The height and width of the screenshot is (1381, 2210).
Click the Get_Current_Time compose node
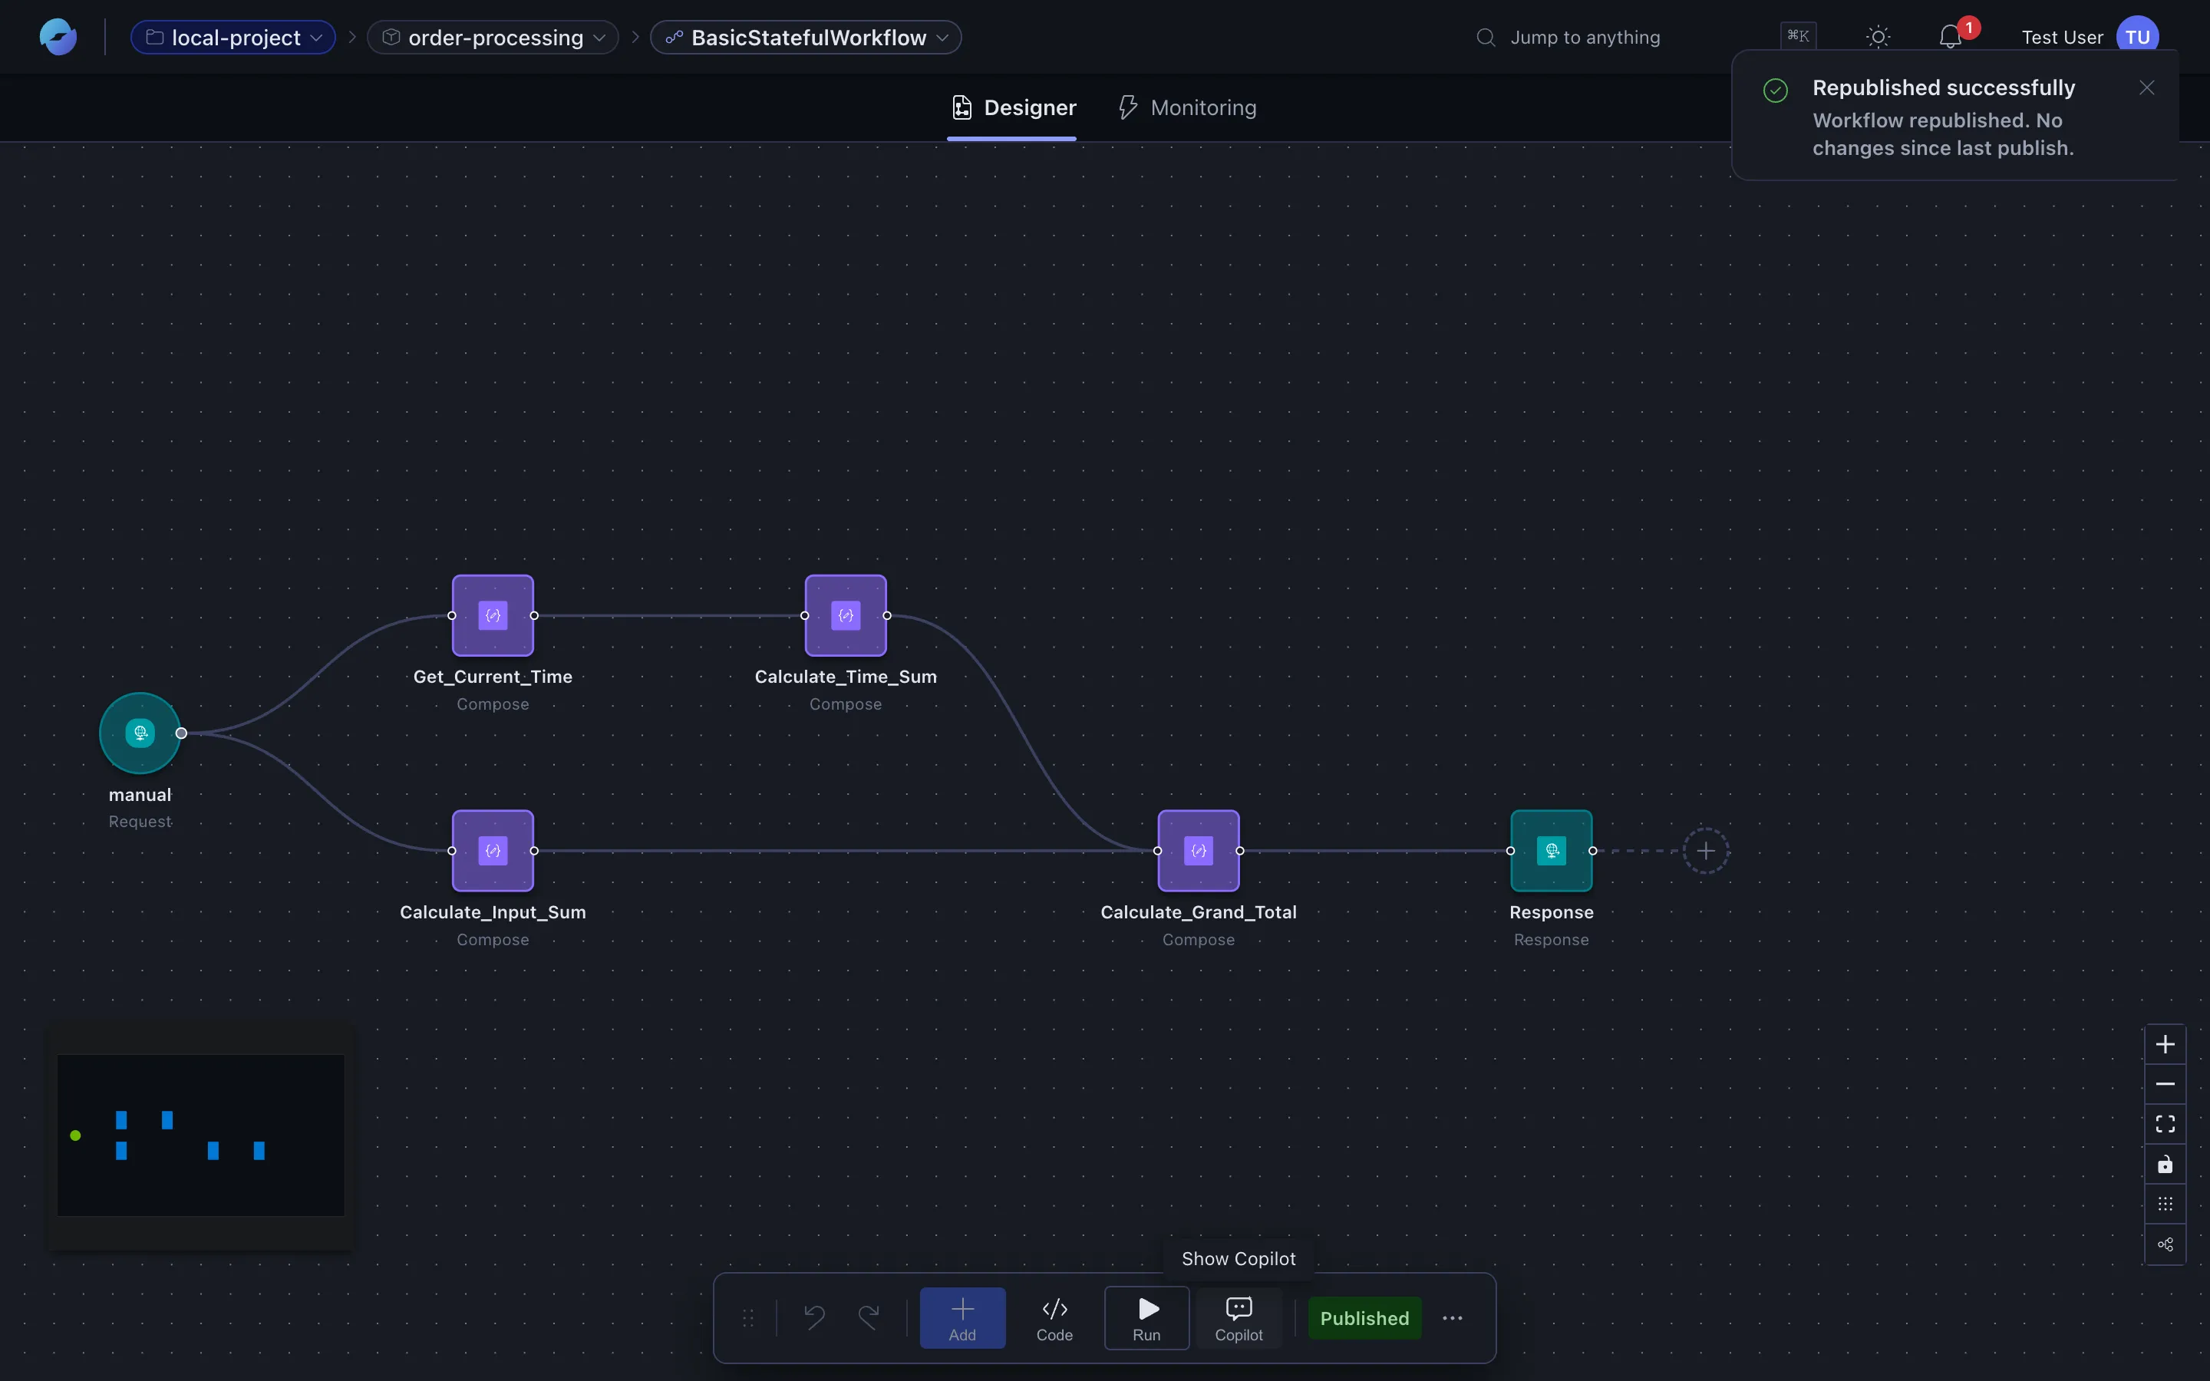(x=493, y=615)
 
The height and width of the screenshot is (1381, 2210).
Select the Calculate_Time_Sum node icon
(x=846, y=615)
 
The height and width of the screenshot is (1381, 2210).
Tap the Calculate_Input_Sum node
(x=493, y=850)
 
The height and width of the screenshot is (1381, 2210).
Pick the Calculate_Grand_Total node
(x=1198, y=850)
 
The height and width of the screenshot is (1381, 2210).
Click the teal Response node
(x=1552, y=850)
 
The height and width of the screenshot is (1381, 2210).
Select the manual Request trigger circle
(x=140, y=733)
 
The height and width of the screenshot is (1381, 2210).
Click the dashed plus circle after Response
(x=1706, y=850)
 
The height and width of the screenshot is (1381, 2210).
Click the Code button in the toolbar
(x=1055, y=1318)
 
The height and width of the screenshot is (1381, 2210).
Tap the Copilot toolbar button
(x=1239, y=1318)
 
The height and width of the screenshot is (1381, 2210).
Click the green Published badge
(x=1364, y=1318)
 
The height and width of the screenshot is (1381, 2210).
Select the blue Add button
(x=962, y=1318)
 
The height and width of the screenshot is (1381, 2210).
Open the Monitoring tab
(x=1188, y=107)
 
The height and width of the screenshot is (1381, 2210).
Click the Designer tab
(x=1013, y=107)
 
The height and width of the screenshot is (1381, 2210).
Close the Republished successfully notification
(x=2147, y=87)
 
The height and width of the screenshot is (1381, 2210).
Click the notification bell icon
(x=1951, y=37)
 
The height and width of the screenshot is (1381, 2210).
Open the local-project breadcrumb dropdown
(x=234, y=38)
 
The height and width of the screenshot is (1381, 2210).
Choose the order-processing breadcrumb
(x=494, y=38)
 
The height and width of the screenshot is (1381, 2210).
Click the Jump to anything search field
(x=1585, y=38)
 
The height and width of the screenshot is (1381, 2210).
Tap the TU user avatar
(x=2138, y=38)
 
